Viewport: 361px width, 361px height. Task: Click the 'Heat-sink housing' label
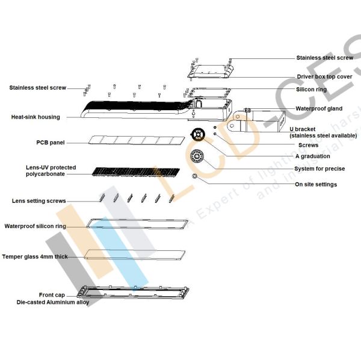click(x=35, y=117)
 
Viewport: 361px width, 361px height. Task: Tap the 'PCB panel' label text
click(x=51, y=143)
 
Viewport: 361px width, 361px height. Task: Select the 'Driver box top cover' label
click(x=324, y=77)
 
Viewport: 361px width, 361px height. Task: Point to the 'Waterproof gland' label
click(x=319, y=109)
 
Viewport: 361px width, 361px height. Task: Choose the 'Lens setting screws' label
click(x=39, y=201)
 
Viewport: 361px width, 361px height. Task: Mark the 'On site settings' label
click(x=316, y=184)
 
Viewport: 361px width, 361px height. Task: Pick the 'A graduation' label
click(x=313, y=156)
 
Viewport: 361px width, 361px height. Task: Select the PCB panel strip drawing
click(x=138, y=140)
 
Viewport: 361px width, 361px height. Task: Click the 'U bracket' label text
click(x=310, y=129)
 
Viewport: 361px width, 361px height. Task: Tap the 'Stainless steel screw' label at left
click(x=37, y=88)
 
